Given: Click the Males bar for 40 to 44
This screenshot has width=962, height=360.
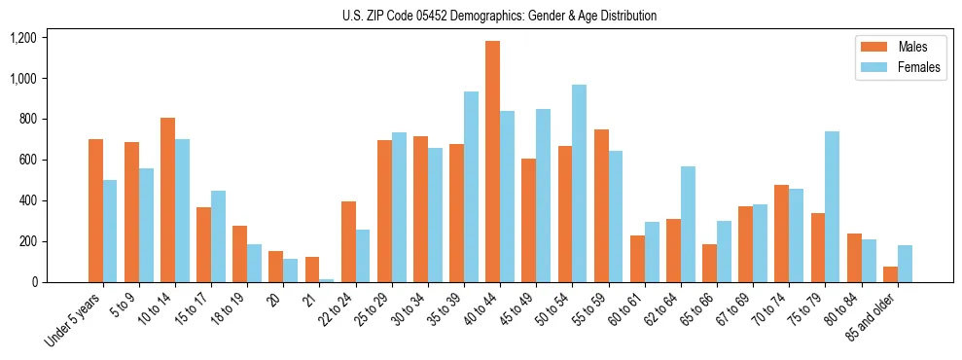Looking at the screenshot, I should [492, 162].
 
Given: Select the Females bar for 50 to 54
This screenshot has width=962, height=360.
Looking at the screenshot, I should [579, 183].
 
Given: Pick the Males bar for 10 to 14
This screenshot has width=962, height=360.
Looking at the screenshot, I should [167, 199].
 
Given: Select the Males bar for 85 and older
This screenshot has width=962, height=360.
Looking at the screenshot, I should [890, 274].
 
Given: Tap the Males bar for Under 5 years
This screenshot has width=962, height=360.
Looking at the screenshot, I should [95, 210].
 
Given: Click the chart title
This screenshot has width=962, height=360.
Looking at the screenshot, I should [499, 16].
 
